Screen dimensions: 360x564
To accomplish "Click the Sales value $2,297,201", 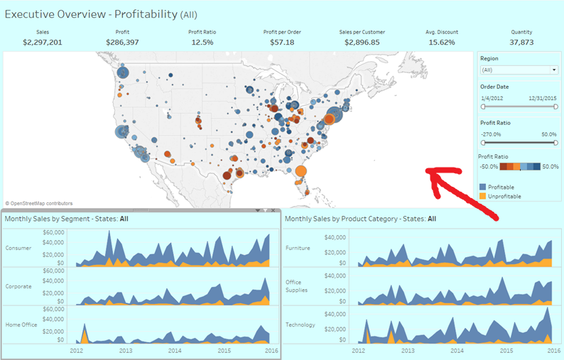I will pos(43,43).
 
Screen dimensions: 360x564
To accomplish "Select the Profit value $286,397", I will pos(122,43).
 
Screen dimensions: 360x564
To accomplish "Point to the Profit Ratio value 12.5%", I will pos(202,43).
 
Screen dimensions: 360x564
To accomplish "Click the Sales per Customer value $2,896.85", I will pos(362,43).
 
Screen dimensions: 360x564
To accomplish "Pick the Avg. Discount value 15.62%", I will pos(442,43).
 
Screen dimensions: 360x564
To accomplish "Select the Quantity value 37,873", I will pos(521,43).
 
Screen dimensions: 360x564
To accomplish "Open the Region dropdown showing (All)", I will pos(519,70).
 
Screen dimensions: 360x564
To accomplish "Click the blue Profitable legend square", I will pos(482,187).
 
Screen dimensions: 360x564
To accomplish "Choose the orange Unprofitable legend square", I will pos(482,196).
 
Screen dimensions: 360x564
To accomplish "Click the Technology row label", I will pos(301,324).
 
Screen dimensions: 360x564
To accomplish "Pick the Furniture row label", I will pos(298,248).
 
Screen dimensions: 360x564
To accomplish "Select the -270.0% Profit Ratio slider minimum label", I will pos(492,134).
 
